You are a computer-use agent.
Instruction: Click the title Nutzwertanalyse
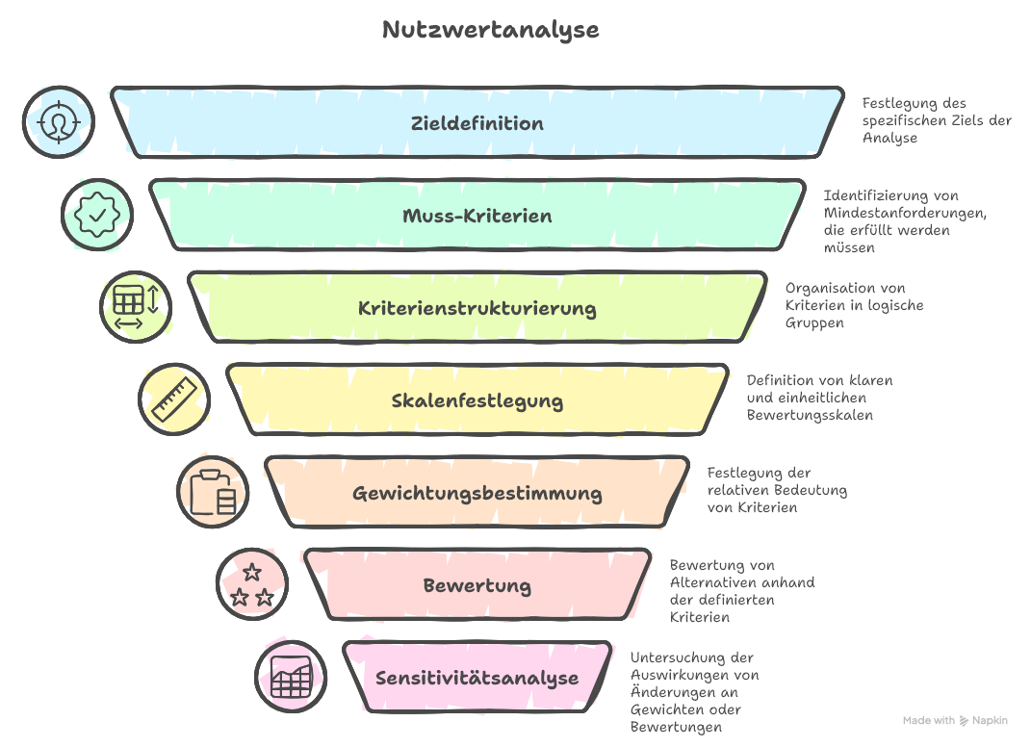point(490,30)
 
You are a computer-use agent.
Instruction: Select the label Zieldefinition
point(477,123)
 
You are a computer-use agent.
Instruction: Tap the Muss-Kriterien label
point(477,216)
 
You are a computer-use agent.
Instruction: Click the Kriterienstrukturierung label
point(477,309)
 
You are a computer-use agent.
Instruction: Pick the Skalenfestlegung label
point(477,400)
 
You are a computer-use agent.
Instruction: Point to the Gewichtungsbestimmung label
point(477,494)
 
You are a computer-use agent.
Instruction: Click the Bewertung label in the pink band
point(477,585)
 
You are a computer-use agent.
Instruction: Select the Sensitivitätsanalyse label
point(477,678)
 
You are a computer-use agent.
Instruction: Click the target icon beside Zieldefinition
point(59,122)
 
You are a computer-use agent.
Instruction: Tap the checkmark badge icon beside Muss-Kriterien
point(97,215)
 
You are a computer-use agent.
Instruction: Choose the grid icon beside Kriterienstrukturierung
point(136,307)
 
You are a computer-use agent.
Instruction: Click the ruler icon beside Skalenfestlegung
point(174,399)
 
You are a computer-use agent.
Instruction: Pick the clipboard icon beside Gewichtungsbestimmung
point(213,492)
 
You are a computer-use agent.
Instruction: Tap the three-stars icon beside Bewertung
point(251,584)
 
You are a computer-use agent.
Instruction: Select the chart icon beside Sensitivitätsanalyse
point(290,677)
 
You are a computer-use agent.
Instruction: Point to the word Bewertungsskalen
point(810,415)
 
